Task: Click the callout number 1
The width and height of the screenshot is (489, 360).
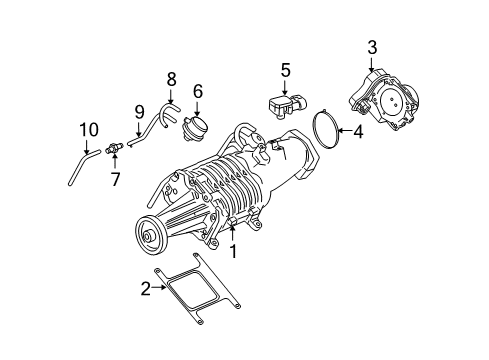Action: point(233,253)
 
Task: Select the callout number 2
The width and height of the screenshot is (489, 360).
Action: point(146,289)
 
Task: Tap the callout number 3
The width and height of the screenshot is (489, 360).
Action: point(372,47)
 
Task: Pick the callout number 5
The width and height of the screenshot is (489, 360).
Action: point(284,71)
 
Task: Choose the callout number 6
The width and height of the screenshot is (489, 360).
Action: point(198,91)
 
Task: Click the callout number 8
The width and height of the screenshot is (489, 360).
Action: point(171,78)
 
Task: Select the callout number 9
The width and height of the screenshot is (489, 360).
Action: point(139,112)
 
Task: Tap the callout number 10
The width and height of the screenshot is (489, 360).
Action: point(89,128)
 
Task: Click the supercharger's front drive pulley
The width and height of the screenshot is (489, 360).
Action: point(153,239)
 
